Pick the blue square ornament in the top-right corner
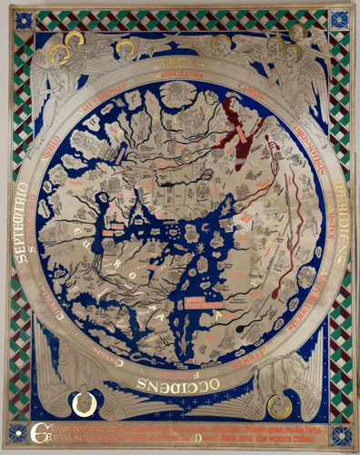[339, 19]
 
